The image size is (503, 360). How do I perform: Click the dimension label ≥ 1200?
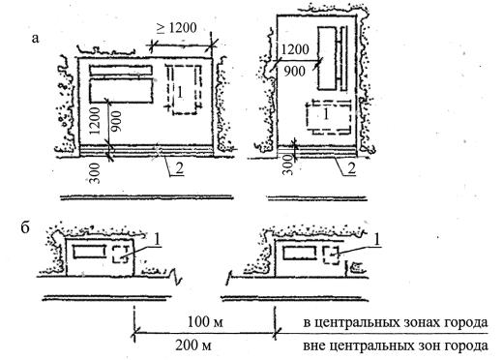click(x=177, y=28)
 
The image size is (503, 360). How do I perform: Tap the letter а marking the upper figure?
click(x=35, y=39)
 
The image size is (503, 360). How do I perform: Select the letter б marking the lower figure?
click(x=25, y=227)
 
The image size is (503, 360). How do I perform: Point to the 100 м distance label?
click(x=205, y=321)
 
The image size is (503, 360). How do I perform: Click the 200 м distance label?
click(x=193, y=345)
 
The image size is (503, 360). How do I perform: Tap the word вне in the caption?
click(x=313, y=346)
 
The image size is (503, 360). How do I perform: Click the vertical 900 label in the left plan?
click(x=116, y=121)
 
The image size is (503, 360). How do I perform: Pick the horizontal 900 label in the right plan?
click(x=294, y=72)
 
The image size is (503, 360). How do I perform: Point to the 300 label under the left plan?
click(x=95, y=173)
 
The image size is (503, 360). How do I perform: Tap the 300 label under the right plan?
click(x=288, y=165)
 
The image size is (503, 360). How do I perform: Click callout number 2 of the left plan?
click(x=180, y=169)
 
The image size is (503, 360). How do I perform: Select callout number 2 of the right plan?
click(x=351, y=169)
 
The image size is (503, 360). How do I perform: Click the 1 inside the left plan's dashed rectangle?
click(x=180, y=93)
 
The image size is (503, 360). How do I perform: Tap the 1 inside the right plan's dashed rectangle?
click(x=326, y=114)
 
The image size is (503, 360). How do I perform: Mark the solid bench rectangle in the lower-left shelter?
click(x=89, y=252)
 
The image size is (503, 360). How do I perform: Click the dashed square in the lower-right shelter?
click(x=332, y=255)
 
